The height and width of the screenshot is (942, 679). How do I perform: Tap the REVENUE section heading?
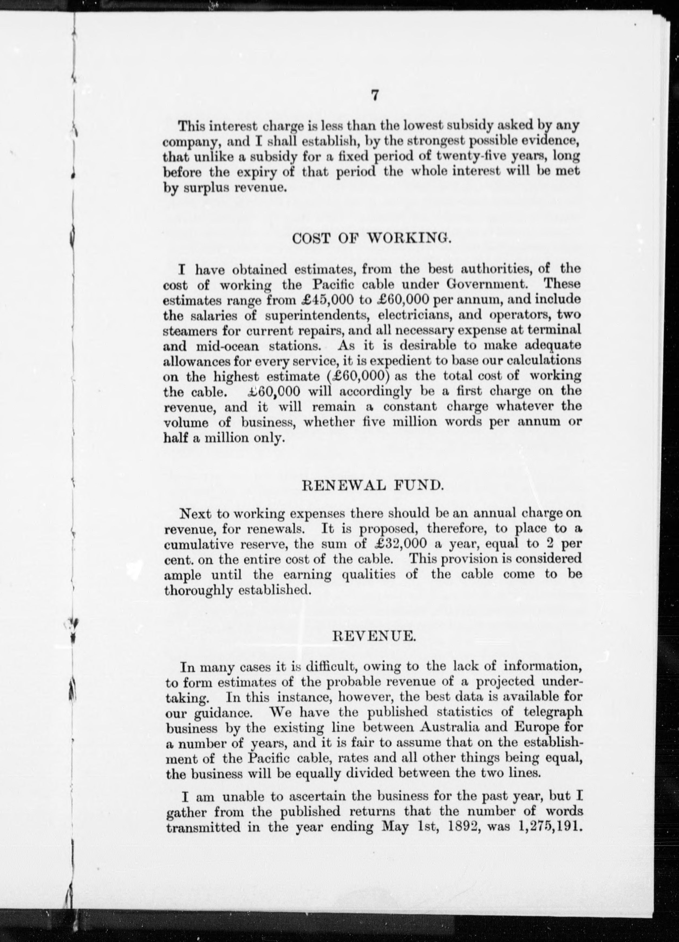[x=374, y=636]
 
